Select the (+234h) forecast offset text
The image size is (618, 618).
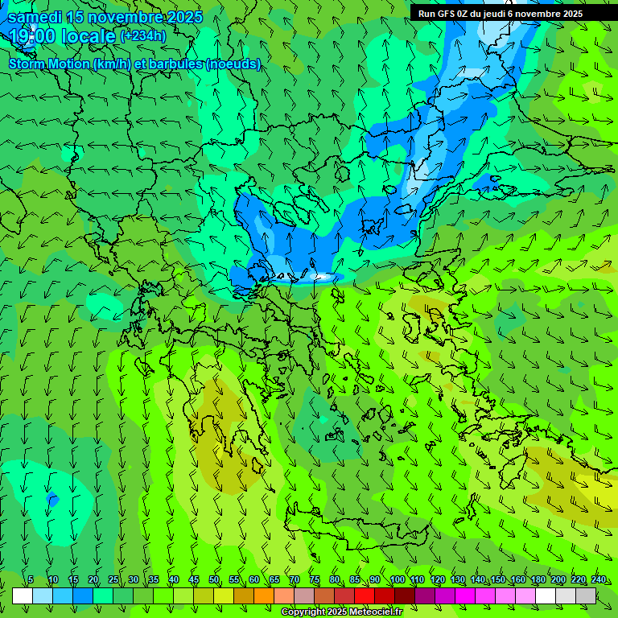[x=142, y=35]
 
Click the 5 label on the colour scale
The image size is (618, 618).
[x=31, y=579]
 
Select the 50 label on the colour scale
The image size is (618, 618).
[x=214, y=579]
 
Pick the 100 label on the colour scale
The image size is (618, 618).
[x=397, y=579]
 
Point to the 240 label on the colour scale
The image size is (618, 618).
[x=598, y=579]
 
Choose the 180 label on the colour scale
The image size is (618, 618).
[x=538, y=579]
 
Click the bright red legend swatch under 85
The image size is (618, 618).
[x=365, y=595]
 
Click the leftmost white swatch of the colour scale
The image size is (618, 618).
[x=23, y=595]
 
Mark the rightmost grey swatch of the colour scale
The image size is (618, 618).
[x=586, y=595]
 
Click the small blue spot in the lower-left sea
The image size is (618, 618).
[x=53, y=500]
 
